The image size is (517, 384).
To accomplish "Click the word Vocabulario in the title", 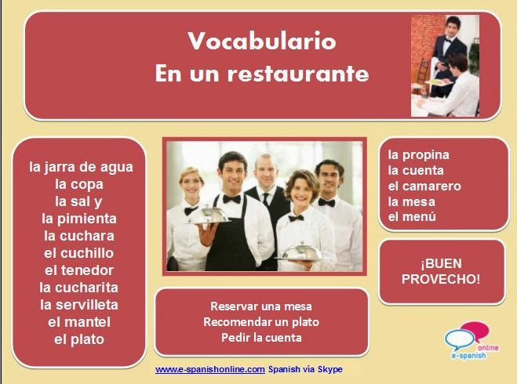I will point(262,41).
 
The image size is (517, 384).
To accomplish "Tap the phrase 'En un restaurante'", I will point(262,74).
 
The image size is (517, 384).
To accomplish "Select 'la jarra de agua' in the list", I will point(81,167).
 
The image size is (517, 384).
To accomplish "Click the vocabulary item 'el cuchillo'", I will point(79,253).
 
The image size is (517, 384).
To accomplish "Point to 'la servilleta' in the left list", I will point(79,305).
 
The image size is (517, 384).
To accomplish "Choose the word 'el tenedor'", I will point(79,270).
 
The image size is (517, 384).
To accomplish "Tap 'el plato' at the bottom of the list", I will point(79,339).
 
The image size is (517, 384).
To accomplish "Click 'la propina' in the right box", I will point(418,154).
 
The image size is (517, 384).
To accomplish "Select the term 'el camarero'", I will point(424,186).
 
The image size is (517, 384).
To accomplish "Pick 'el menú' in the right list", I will point(412,217).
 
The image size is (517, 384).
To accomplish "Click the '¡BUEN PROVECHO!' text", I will point(439,271).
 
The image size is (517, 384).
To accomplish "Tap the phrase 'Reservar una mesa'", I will point(261,306).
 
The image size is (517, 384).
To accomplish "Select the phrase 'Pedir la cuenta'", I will point(261,338).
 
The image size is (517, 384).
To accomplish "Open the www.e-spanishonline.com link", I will point(209,369).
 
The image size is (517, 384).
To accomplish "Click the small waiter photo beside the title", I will point(445,66).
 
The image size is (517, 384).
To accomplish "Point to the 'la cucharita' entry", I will point(79,288).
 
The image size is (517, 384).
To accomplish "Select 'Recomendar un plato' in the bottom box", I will point(261,322).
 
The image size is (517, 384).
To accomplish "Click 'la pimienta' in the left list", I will point(79,219).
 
